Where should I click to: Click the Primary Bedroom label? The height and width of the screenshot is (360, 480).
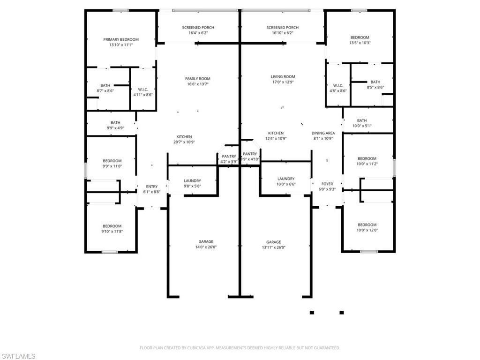(x=121, y=40)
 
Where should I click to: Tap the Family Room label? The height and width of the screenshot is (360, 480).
(x=198, y=79)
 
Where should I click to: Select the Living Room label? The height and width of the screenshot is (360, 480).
(x=283, y=76)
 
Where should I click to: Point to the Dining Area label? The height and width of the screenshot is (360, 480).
(x=323, y=133)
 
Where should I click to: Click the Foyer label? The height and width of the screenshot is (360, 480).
(x=327, y=184)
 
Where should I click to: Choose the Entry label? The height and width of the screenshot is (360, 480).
(x=151, y=187)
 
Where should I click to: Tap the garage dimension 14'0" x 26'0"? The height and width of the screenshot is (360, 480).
(x=205, y=247)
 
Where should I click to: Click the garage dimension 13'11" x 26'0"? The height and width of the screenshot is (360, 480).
(x=273, y=247)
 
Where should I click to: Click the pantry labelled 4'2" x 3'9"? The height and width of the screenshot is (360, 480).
(x=229, y=159)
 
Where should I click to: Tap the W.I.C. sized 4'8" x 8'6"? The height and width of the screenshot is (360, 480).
(x=338, y=88)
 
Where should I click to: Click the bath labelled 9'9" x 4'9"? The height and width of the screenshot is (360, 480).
(x=115, y=125)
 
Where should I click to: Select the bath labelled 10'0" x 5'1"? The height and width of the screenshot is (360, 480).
(x=362, y=123)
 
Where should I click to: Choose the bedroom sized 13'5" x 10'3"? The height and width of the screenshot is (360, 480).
(x=360, y=40)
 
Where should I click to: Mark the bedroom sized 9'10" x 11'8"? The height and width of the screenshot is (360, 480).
(x=112, y=229)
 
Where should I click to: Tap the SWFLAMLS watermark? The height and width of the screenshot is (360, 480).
(x=18, y=356)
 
